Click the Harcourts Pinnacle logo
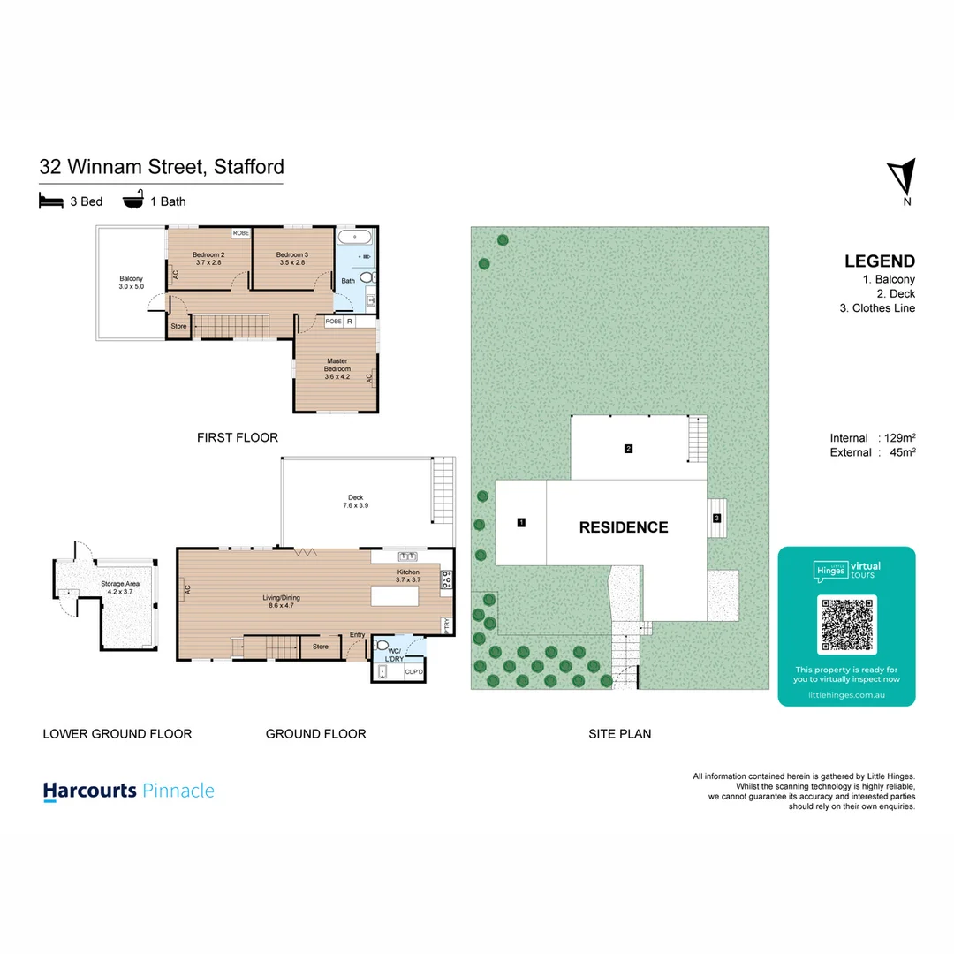pos(129,791)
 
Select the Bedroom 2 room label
pos(209,258)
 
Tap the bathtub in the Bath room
pos(355,237)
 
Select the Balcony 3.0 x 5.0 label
pos(131,283)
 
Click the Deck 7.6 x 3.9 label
pos(355,502)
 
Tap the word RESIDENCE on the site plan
pos(623,527)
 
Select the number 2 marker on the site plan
pos(628,449)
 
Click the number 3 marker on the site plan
pos(717,518)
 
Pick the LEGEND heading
pos(879,261)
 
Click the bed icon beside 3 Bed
pos(51,201)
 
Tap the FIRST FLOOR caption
pos(238,437)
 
